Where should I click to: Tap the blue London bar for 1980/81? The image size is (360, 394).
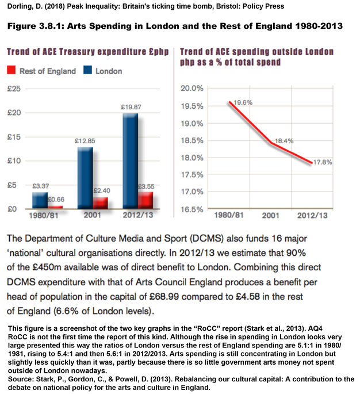tap(39, 201)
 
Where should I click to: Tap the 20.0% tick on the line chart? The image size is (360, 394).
tap(193, 88)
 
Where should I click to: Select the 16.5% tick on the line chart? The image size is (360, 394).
tap(193, 209)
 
